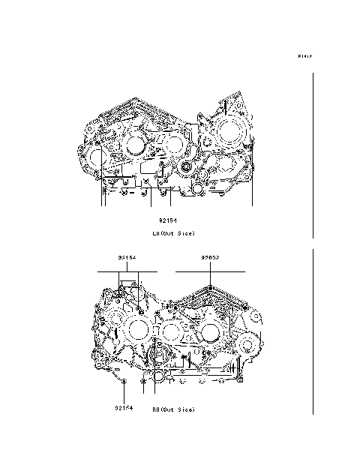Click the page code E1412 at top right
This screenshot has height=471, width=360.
(x=304, y=56)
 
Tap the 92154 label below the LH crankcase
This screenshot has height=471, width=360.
(x=166, y=220)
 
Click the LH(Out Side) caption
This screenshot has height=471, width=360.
(x=173, y=233)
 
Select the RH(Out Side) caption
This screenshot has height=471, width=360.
(x=173, y=409)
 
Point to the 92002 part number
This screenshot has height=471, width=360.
(x=210, y=257)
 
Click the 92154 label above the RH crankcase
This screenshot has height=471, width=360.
(x=126, y=257)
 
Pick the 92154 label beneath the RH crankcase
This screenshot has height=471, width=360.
(x=124, y=409)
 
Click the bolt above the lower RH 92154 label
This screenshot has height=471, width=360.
(x=124, y=381)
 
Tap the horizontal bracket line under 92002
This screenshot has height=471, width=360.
(x=210, y=269)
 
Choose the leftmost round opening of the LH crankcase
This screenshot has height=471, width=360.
(x=91, y=158)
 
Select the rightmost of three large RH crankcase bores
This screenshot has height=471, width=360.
(x=211, y=331)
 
